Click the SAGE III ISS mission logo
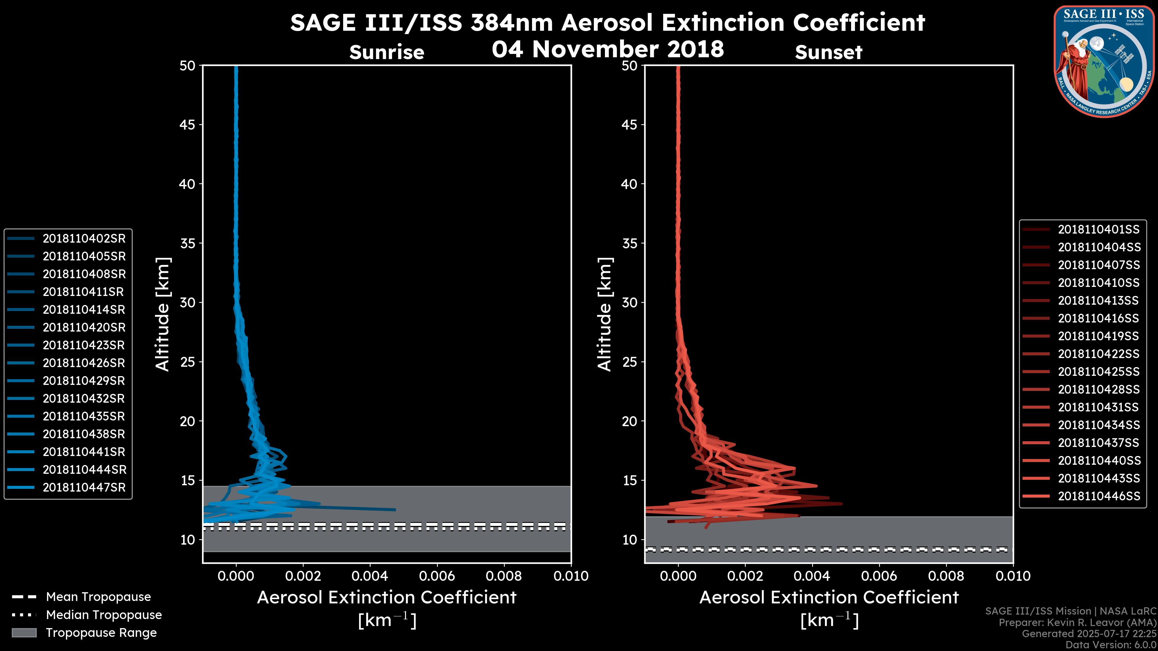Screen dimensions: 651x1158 (x=1104, y=61)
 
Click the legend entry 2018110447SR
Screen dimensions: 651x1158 (x=84, y=487)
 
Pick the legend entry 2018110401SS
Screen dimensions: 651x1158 (x=1098, y=230)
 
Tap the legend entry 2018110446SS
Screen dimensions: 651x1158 (x=1099, y=496)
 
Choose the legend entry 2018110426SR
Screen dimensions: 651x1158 (x=84, y=363)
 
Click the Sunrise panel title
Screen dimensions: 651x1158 (x=387, y=52)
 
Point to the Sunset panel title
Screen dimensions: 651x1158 (x=828, y=52)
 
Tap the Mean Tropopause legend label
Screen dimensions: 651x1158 (x=98, y=597)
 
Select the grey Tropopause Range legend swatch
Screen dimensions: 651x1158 (x=24, y=633)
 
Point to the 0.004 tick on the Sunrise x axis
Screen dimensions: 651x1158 (x=370, y=576)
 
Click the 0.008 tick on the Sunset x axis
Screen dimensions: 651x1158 (x=946, y=576)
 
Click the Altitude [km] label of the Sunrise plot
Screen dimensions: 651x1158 (x=163, y=314)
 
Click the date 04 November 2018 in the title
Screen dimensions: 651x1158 (x=608, y=49)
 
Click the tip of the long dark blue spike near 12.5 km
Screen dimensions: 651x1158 (x=395, y=509)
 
